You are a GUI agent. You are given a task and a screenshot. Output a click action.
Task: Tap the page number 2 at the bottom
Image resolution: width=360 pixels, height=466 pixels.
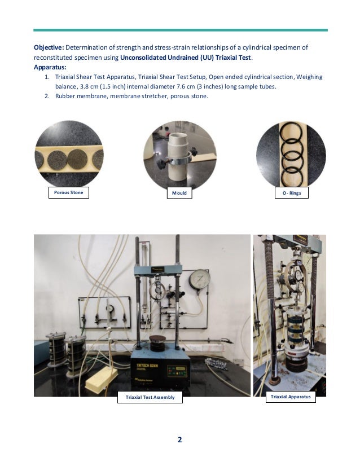179,441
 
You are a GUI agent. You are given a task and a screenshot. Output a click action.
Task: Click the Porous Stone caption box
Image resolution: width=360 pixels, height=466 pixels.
68,193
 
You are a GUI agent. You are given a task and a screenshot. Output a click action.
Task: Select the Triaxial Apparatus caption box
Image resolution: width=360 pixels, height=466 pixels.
291,397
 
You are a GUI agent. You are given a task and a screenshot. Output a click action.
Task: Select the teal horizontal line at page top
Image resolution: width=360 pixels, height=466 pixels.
180,30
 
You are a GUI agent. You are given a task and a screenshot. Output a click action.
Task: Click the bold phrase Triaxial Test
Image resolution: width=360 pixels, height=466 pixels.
232,57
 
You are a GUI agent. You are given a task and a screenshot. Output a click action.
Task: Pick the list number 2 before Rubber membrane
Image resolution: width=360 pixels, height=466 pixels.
47,96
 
